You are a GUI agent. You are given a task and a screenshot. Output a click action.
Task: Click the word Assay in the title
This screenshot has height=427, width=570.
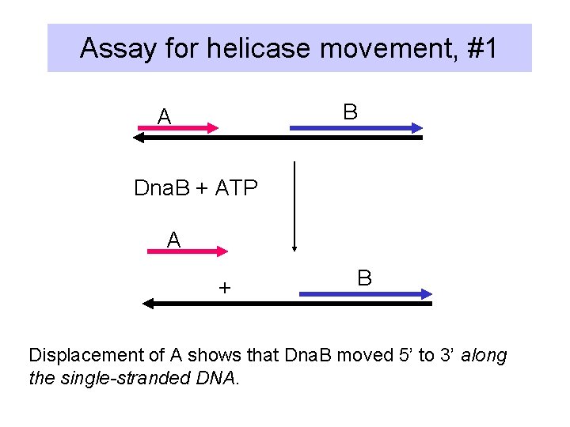tap(119, 49)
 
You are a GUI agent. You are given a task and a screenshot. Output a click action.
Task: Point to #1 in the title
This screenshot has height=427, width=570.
tap(482, 49)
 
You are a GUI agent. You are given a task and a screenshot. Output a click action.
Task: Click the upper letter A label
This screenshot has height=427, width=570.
tap(164, 117)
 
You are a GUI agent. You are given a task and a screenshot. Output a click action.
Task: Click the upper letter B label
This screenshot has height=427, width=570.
tap(350, 112)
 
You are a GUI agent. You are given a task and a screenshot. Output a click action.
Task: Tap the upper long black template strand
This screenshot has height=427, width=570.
tap(277, 138)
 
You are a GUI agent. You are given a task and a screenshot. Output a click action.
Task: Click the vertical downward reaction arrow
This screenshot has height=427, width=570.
tap(294, 206)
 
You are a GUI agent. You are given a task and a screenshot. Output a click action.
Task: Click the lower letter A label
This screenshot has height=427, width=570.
tap(174, 240)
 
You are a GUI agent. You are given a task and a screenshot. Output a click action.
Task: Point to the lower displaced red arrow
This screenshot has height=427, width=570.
tap(188, 251)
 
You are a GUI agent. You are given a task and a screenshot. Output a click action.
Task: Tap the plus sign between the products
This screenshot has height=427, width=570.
tap(225, 288)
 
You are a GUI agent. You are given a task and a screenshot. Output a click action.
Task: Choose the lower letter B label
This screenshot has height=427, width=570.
tap(364, 278)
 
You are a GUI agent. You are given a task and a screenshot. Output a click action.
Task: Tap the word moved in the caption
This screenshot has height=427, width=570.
tap(366, 356)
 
